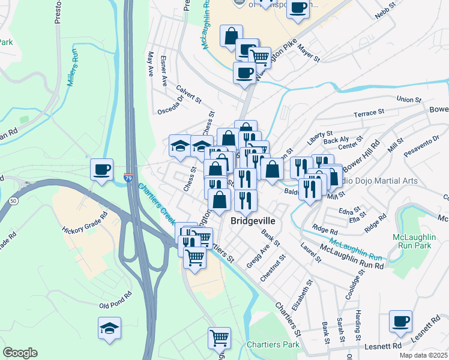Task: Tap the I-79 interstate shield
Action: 128,178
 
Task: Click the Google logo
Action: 20,353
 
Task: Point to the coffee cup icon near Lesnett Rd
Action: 400,321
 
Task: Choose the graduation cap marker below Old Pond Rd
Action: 109,328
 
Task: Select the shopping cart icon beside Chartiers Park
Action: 219,338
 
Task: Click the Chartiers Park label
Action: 273,345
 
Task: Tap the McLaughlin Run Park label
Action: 412,242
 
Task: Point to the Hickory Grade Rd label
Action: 85,222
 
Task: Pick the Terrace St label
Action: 369,113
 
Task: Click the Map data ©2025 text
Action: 423,355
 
